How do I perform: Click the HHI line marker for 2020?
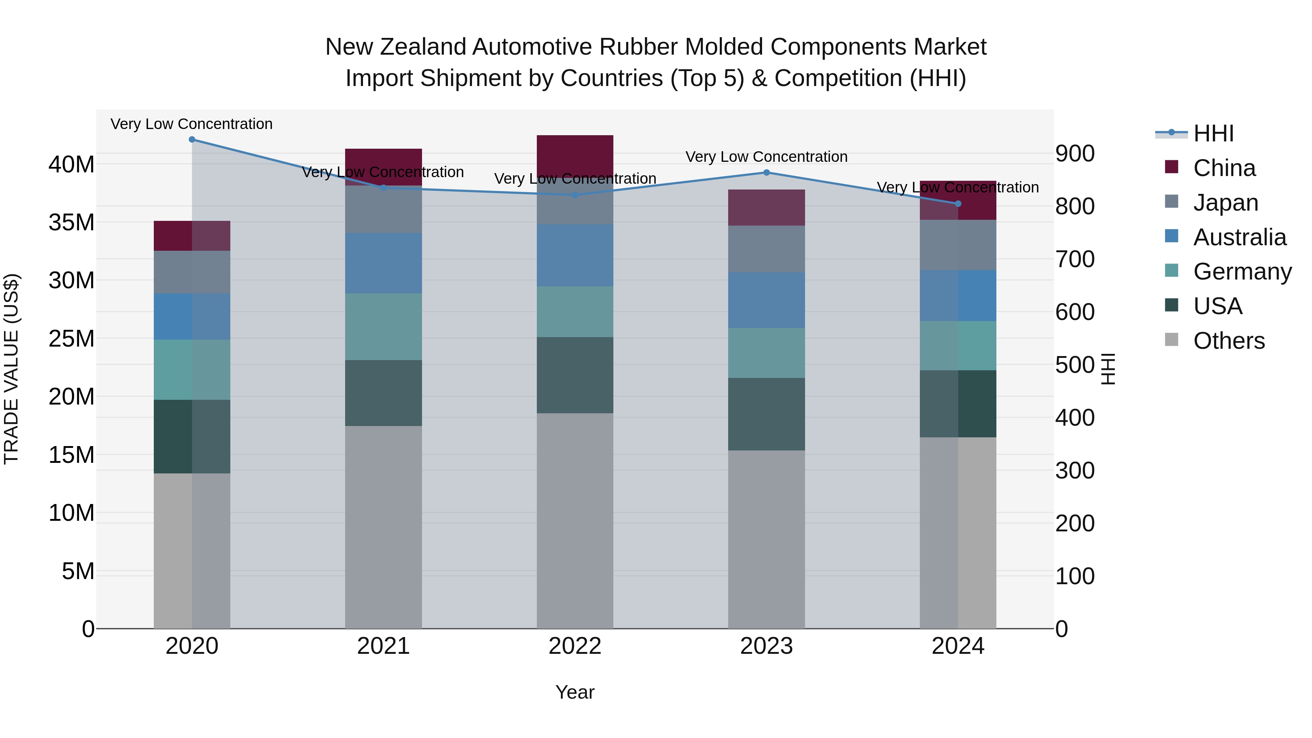point(192,140)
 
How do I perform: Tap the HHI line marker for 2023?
point(766,173)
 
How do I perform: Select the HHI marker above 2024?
point(958,204)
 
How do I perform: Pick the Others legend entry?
point(1229,341)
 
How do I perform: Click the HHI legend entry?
point(1213,133)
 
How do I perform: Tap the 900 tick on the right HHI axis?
point(1075,153)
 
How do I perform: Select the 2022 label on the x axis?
point(575,646)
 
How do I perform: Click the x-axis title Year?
point(575,692)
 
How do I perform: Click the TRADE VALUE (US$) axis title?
point(11,369)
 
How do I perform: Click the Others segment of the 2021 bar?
point(383,527)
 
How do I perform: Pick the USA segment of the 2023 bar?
point(766,414)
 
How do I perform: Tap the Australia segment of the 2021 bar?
point(383,263)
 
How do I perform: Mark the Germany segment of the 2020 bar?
point(192,370)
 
